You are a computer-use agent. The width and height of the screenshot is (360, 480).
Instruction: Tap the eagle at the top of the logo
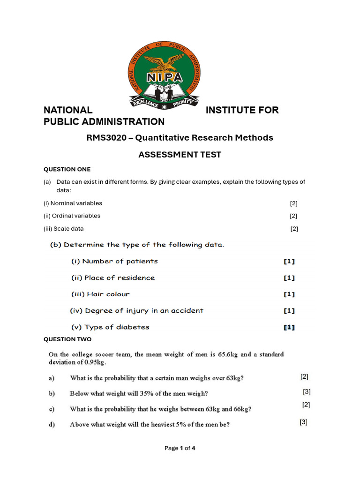[x=164, y=61]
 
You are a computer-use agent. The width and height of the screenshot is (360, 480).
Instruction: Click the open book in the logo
[x=164, y=90]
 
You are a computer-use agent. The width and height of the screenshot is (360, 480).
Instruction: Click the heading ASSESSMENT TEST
[x=180, y=155]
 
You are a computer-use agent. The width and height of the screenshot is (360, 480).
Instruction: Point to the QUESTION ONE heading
[x=67, y=169]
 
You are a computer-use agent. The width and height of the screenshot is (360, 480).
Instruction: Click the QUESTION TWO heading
[x=67, y=339]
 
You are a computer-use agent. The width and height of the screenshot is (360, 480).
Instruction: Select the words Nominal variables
[x=79, y=203]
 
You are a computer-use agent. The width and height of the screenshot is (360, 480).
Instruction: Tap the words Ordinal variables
[x=78, y=216]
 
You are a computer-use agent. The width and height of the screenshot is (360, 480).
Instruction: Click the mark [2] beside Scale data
[x=294, y=229]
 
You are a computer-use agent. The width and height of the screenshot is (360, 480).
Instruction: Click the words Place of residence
[x=119, y=277]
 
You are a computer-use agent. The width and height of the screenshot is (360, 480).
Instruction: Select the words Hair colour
[x=108, y=294]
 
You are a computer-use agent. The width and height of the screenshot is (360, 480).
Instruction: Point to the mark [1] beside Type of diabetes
[x=289, y=328]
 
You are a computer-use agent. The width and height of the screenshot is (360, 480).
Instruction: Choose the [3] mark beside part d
[x=303, y=422]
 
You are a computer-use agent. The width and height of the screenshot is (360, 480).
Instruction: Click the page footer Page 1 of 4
[x=180, y=448]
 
